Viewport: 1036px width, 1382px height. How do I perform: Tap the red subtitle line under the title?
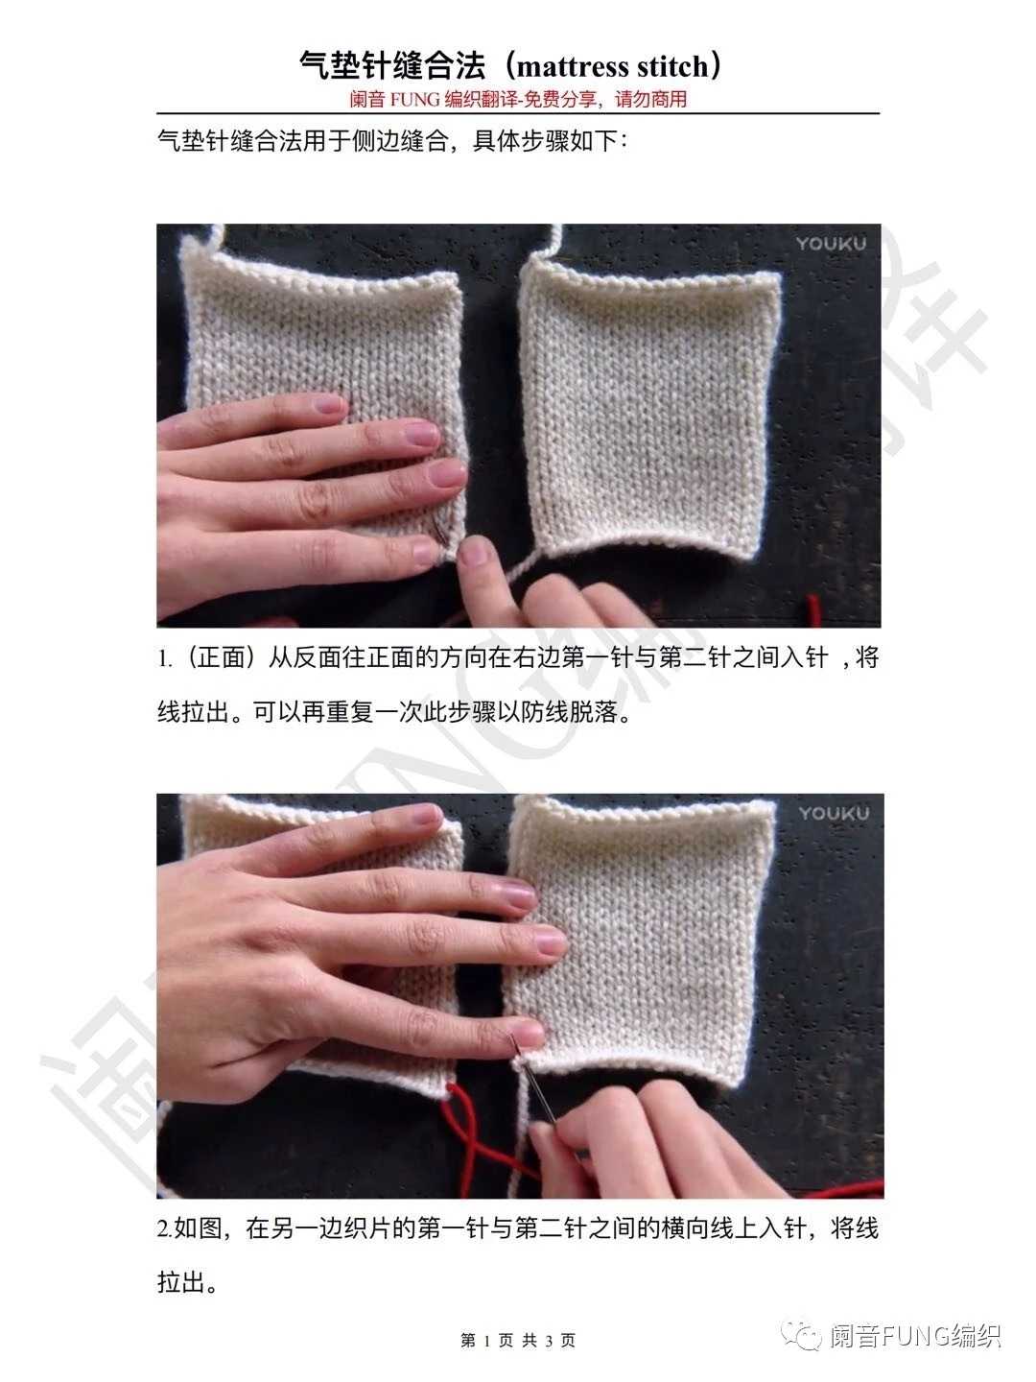click(518, 100)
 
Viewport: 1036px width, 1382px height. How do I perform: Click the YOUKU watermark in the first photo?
click(831, 244)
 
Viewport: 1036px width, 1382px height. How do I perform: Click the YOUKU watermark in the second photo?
click(834, 814)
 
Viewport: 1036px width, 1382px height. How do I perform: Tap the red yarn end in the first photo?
click(812, 609)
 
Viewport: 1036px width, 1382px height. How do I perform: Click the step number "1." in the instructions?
click(164, 658)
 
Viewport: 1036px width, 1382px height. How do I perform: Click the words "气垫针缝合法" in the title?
click(392, 65)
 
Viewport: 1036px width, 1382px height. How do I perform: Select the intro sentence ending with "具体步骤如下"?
click(392, 141)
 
